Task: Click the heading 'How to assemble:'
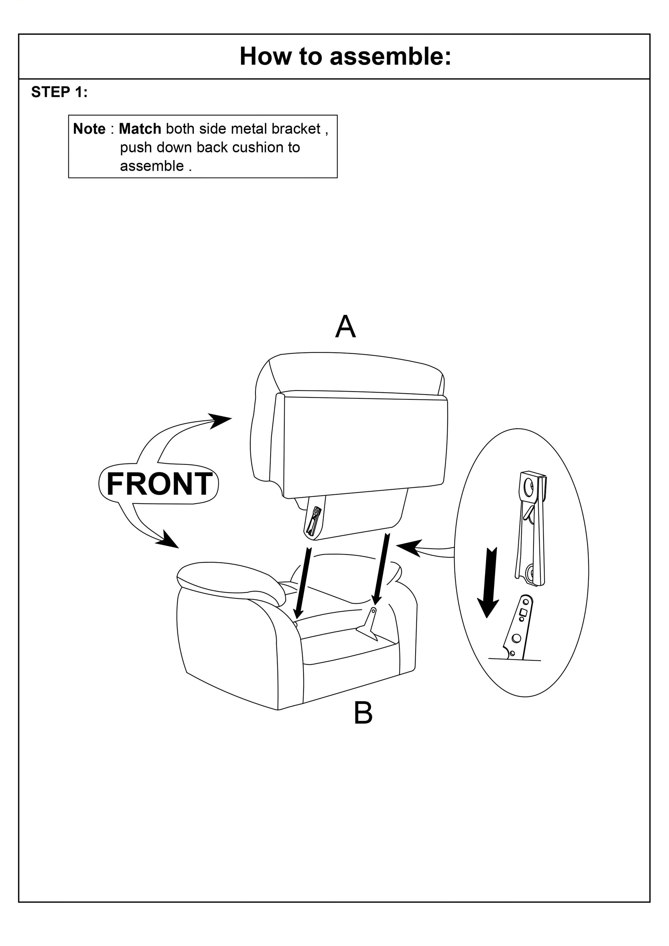click(x=345, y=56)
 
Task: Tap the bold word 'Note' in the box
click(x=89, y=129)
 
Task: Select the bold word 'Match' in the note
click(x=140, y=129)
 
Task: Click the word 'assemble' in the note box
click(x=152, y=166)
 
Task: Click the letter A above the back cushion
click(x=345, y=326)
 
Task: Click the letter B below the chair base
click(x=363, y=713)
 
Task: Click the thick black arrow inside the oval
click(x=489, y=583)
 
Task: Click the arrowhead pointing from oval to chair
click(x=410, y=547)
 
